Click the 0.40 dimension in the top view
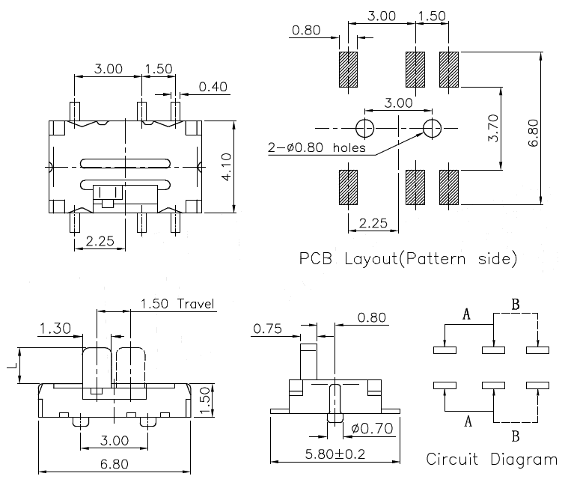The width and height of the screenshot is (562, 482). [x=213, y=87]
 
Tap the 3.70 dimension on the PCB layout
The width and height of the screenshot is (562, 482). [x=513, y=128]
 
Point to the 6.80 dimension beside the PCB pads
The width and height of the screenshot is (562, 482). [x=553, y=128]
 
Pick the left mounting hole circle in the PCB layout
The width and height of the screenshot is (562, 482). [x=365, y=128]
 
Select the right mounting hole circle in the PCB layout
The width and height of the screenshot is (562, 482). [x=433, y=128]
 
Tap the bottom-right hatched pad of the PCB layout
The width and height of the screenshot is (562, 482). [x=448, y=187]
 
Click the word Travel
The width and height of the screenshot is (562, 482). [x=196, y=304]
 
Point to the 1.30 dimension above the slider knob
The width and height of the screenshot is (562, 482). [x=55, y=328]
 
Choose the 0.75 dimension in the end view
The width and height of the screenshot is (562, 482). [x=267, y=328]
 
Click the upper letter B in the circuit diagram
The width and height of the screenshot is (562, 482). [x=515, y=305]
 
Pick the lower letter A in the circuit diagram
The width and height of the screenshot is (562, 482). [x=468, y=422]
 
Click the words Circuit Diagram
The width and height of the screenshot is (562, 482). [x=491, y=459]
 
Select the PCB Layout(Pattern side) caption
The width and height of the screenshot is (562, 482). [x=408, y=260]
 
